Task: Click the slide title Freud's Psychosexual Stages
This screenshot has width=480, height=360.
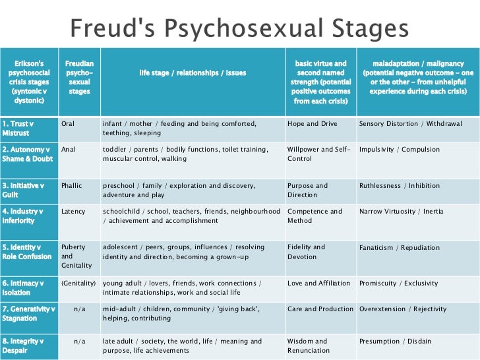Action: point(239,29)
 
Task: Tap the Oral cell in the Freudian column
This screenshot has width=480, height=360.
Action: point(67,123)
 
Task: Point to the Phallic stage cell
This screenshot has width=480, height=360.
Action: point(71,185)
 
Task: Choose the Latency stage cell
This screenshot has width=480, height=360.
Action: point(73,212)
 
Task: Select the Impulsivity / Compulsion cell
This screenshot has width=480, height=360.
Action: point(399,150)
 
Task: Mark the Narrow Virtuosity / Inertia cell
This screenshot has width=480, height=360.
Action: point(401,212)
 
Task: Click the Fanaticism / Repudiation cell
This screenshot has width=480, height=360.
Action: point(399,248)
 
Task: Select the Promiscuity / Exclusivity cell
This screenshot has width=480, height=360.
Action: point(398,284)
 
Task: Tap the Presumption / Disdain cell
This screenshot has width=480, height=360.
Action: point(395,341)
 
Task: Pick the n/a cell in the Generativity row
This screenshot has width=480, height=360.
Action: point(79,309)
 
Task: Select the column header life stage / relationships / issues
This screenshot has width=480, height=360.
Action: point(193,73)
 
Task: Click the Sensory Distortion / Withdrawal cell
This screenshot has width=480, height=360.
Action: point(410,123)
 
